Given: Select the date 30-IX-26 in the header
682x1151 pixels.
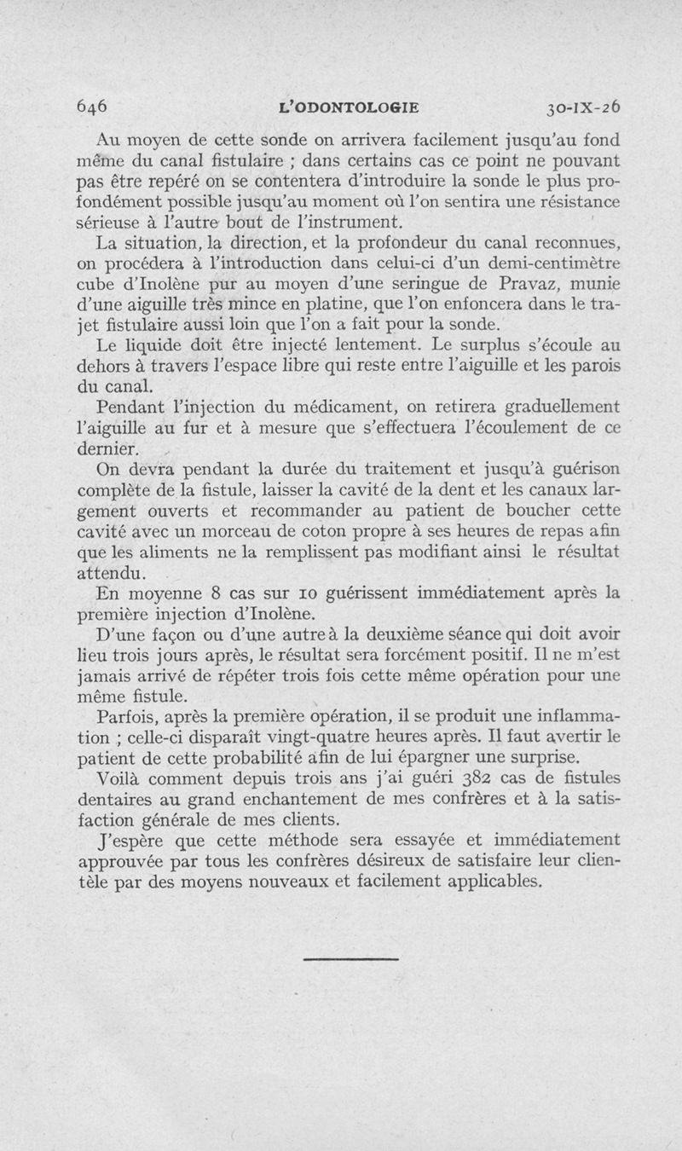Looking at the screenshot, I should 584,107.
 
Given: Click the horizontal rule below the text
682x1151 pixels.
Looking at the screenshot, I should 340,960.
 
